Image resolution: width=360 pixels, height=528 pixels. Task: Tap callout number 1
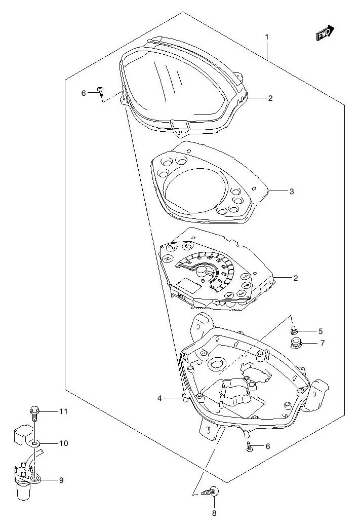click(x=267, y=37)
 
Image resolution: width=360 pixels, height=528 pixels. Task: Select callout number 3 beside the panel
click(x=292, y=192)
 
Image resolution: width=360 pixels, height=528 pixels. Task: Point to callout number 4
click(x=159, y=399)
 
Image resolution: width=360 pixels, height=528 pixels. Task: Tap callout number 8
click(x=214, y=513)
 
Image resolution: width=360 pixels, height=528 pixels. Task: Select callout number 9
click(x=61, y=480)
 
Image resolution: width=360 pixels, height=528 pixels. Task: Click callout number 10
click(x=63, y=443)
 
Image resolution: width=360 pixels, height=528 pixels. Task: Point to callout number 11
click(x=63, y=411)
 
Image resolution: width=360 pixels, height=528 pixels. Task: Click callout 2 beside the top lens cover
click(x=270, y=98)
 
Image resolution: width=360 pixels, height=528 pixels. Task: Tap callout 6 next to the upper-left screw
click(x=84, y=93)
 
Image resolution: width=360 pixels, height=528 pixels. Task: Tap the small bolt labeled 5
click(x=293, y=330)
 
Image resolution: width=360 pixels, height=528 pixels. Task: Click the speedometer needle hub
click(x=202, y=274)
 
